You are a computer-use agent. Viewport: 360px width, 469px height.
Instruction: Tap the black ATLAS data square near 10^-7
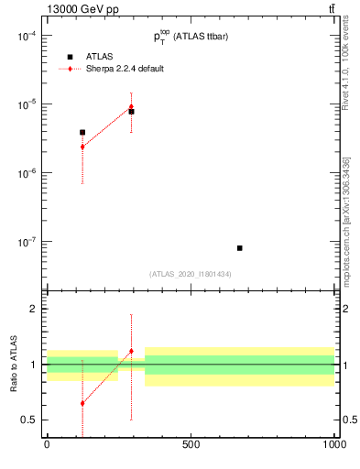(239, 248)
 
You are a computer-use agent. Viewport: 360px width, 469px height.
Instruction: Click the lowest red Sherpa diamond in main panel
(82, 147)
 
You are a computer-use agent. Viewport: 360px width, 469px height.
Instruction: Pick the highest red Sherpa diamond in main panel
(131, 106)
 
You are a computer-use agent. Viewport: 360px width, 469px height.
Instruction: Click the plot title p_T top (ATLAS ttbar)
(191, 36)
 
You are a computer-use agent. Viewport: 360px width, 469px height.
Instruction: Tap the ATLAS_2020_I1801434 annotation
(190, 274)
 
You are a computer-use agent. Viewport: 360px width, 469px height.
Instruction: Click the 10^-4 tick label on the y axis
(27, 36)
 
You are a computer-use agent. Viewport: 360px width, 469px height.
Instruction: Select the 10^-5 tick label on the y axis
(27, 104)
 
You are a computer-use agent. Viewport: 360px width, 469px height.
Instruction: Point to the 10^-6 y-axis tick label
(27, 173)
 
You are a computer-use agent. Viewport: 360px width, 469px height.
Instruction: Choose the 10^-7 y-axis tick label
(27, 242)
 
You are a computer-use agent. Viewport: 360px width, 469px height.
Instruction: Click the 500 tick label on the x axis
(191, 444)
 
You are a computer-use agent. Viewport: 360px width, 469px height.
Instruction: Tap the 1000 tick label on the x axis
(333, 444)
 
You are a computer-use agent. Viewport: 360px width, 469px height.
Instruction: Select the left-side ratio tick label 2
(30, 309)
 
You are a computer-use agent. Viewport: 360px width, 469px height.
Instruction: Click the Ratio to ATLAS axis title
(14, 364)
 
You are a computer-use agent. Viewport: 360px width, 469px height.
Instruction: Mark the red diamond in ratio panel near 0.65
(82, 403)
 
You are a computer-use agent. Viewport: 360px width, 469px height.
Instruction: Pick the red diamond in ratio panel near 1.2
(131, 351)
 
